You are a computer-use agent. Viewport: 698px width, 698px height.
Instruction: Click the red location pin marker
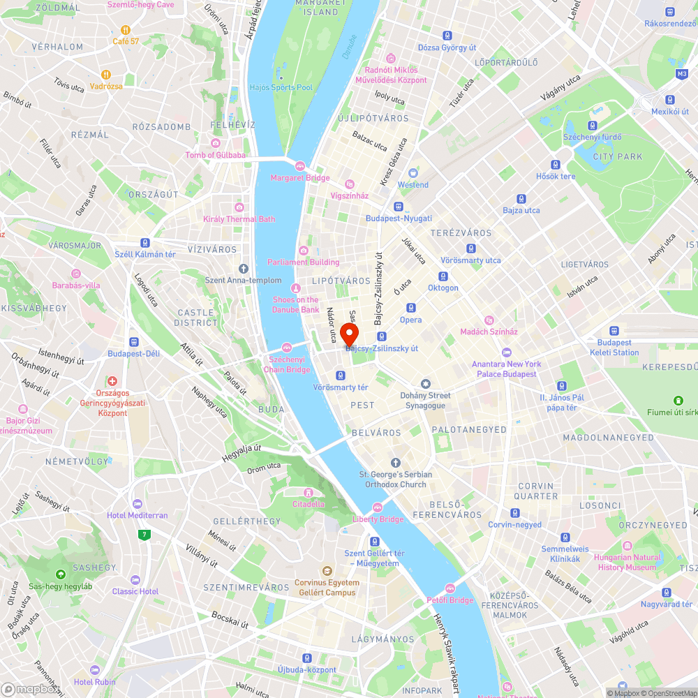(348, 332)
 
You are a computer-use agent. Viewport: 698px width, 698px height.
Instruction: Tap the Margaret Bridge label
(300, 178)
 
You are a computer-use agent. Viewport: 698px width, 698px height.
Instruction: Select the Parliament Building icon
(303, 251)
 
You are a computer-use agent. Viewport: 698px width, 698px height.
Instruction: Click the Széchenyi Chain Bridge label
(287, 364)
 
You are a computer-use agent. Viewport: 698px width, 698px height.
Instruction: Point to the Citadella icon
(308, 492)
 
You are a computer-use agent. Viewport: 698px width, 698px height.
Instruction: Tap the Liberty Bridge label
(378, 519)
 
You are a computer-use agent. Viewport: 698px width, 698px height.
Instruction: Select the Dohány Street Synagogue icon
(426, 384)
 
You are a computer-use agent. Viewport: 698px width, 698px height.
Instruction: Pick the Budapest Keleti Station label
(614, 348)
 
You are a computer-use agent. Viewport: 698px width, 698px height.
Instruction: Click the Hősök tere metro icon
(556, 165)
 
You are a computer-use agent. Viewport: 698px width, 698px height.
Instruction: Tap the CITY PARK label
(617, 157)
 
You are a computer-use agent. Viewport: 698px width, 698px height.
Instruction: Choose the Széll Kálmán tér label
(145, 254)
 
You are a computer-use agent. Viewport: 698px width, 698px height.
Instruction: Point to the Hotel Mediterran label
(137, 515)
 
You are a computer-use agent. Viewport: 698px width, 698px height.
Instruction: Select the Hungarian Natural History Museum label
(627, 562)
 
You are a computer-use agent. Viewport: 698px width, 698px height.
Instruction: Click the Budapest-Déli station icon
(134, 342)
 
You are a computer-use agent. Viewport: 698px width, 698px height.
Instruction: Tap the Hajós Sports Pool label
(281, 88)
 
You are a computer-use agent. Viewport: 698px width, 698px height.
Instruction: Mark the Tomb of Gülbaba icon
(215, 143)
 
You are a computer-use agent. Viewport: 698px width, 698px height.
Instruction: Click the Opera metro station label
(410, 320)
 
